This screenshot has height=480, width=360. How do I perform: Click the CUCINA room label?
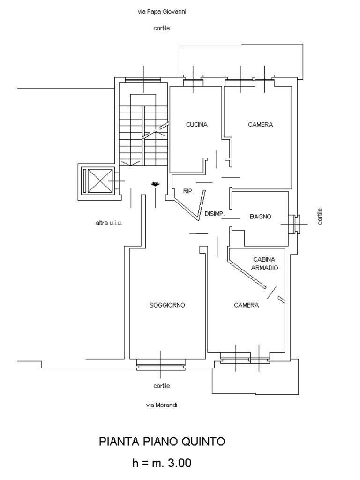pyautogui.click(x=196, y=125)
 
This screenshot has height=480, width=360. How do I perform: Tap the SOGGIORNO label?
pyautogui.click(x=167, y=305)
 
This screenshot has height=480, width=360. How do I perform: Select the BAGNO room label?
pyautogui.click(x=260, y=217)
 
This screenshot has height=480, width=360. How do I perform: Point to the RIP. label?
pyautogui.click(x=189, y=191)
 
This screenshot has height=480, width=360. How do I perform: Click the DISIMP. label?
pyautogui.click(x=215, y=214)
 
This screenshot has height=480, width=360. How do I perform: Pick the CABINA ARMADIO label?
pyautogui.click(x=264, y=263)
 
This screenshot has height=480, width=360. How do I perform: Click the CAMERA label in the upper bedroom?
pyautogui.click(x=260, y=125)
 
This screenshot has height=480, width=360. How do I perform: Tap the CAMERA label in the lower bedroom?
pyautogui.click(x=246, y=305)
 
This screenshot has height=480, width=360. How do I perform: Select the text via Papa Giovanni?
pyautogui.click(x=162, y=12)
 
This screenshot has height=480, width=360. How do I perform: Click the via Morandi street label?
pyautogui.click(x=162, y=405)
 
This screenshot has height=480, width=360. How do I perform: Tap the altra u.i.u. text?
pyautogui.click(x=109, y=223)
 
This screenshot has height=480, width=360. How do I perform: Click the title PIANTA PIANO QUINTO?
pyautogui.click(x=162, y=442)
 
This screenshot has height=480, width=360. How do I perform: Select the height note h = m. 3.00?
pyautogui.click(x=162, y=463)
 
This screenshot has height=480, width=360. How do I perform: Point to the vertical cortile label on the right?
pyautogui.click(x=320, y=216)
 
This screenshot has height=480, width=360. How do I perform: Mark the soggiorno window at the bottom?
pyautogui.click(x=160, y=364)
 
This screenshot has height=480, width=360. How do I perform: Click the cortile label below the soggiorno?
pyautogui.click(x=162, y=386)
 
